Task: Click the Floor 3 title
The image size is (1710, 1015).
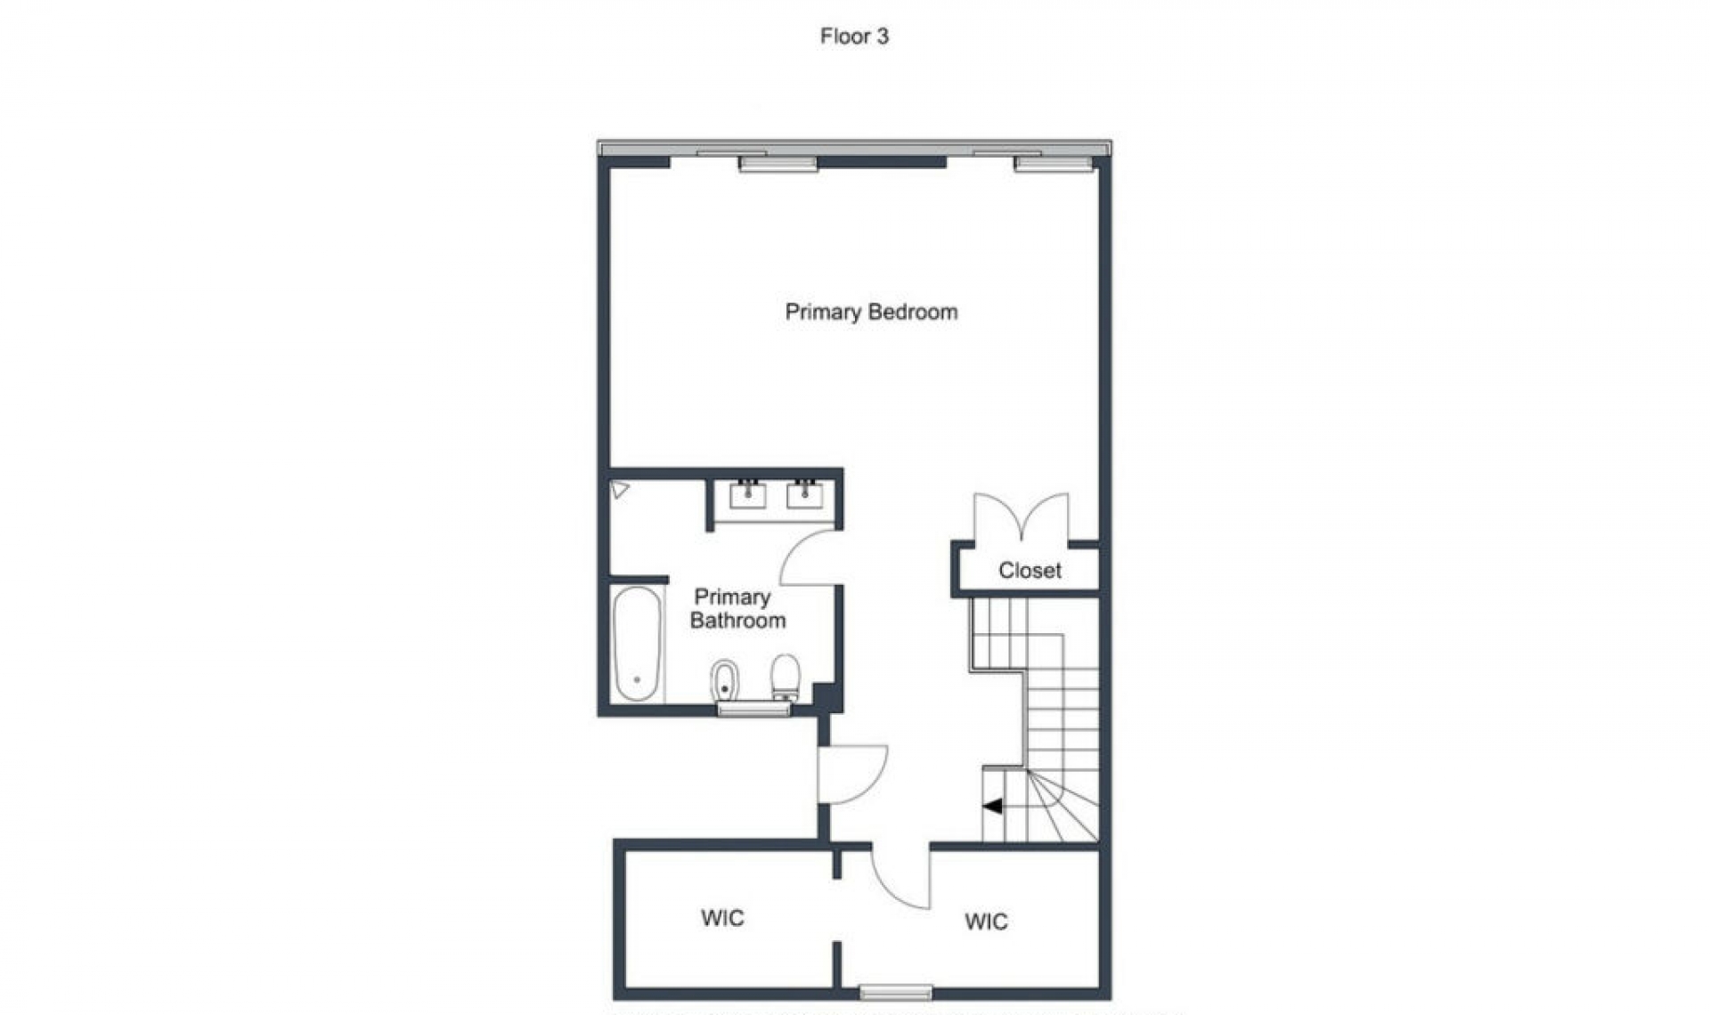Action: (854, 37)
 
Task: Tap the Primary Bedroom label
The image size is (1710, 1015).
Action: (871, 312)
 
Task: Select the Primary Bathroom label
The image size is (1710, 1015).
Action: (736, 609)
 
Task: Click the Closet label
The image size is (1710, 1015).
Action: (1030, 571)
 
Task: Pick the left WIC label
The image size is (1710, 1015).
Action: (722, 918)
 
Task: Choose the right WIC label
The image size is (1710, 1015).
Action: (986, 922)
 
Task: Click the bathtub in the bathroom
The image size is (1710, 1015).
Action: (637, 643)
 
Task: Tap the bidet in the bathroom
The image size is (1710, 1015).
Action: (725, 681)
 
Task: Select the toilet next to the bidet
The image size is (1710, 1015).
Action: (785, 678)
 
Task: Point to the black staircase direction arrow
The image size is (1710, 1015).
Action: (992, 806)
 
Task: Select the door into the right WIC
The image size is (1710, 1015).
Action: (900, 877)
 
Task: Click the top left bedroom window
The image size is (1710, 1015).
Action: (778, 164)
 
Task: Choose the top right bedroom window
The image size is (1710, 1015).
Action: (1053, 164)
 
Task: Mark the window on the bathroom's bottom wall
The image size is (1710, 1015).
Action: (753, 709)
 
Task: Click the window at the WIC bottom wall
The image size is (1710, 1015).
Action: (896, 992)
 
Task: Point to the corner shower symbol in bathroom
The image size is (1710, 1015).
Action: (620, 490)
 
